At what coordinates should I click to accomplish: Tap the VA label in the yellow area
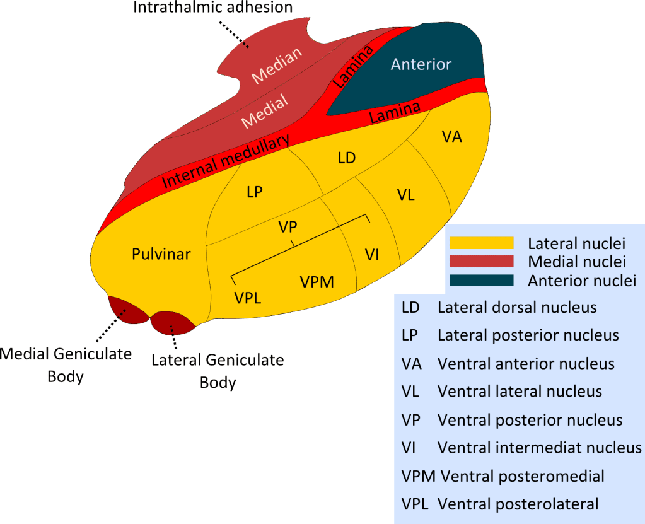coord(452,136)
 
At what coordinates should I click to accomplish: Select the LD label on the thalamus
coord(347,158)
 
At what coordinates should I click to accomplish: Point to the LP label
coord(255,193)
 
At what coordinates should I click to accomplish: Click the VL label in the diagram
coord(405,194)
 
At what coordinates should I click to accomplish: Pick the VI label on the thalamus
coord(371,254)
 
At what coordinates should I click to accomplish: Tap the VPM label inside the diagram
coord(317,282)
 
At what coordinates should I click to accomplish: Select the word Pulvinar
coord(161,254)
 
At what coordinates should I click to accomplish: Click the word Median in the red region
coord(277,66)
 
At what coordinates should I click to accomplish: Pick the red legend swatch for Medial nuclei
coord(480,261)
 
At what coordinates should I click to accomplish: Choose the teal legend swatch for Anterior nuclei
coord(480,280)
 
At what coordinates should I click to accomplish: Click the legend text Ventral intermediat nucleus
coord(539,448)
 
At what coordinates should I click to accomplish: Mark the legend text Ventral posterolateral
coord(518,504)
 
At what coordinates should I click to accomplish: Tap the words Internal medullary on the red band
coord(226,161)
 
